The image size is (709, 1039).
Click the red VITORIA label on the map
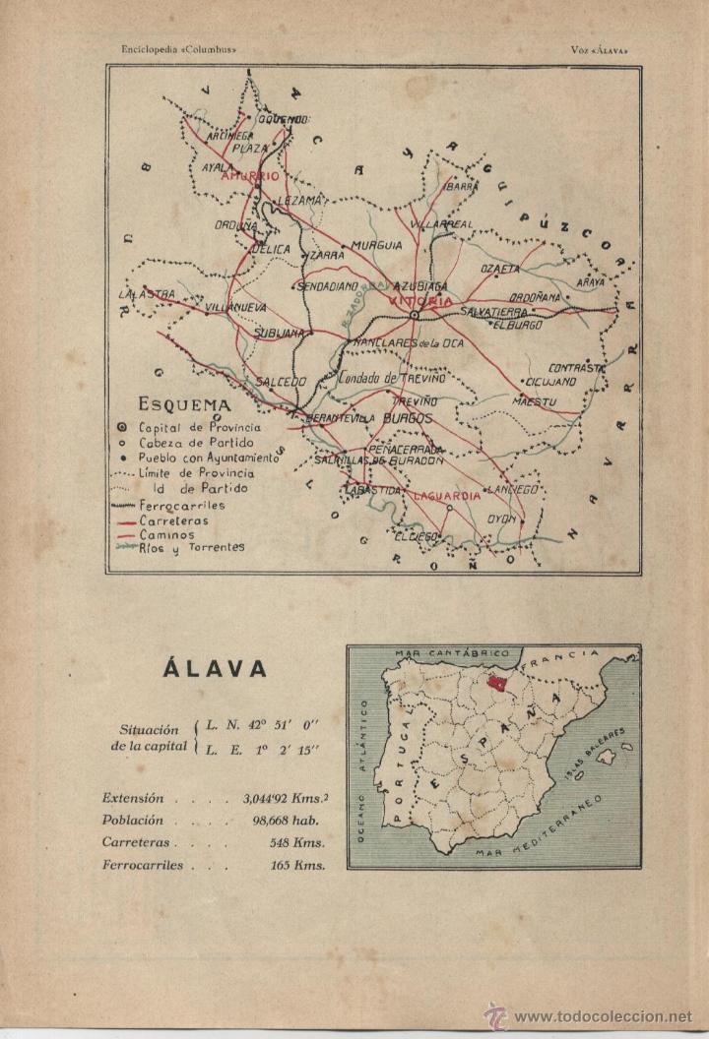420,300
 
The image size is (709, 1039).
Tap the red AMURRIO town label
250,176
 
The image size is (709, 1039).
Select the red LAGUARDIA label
446,496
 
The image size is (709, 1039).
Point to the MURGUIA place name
377,244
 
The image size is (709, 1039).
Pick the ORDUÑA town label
235,224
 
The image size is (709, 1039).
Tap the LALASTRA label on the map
146,293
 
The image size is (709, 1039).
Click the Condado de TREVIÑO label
391,377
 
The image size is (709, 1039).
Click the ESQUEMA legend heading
185,404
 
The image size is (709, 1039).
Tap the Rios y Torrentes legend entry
191,547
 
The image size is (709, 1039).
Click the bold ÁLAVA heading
214,669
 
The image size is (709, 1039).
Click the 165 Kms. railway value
297,865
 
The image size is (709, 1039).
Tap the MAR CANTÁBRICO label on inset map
451,652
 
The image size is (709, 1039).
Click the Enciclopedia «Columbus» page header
178,48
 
